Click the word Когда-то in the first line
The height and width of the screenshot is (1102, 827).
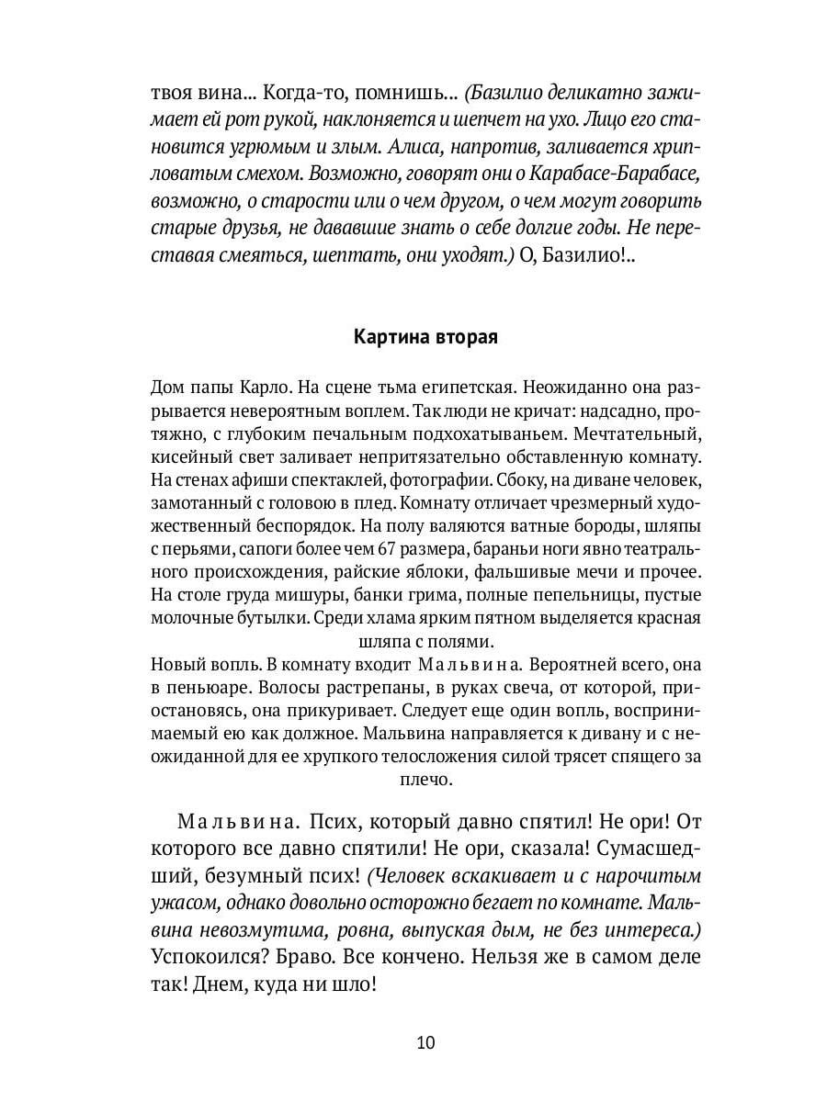pos(300,94)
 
